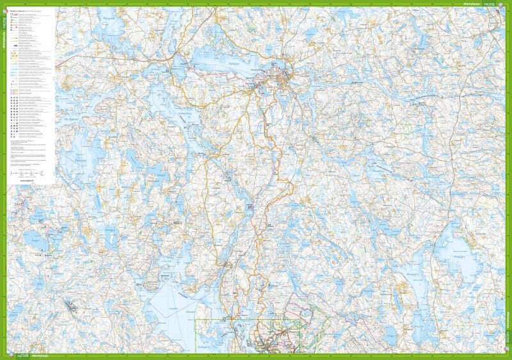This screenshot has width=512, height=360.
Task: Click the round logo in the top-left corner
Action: coord(4,4)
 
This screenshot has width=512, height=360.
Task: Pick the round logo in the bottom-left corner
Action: coord(4,356)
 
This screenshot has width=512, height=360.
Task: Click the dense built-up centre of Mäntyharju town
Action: coord(282,80)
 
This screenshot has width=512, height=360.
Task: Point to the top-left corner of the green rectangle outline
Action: coord(196,320)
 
